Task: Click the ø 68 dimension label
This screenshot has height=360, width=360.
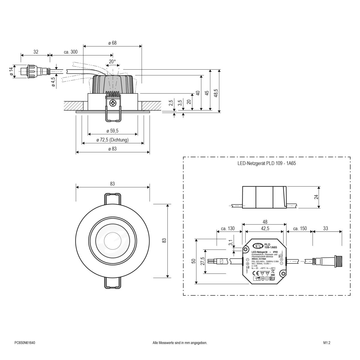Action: [112, 43]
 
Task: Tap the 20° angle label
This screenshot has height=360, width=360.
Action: [112, 61]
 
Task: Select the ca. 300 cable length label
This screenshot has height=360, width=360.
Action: [71, 52]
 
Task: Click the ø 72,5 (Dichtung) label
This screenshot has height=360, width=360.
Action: [112, 140]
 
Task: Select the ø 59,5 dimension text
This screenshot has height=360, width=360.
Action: [112, 131]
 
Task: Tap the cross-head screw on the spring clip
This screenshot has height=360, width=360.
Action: [113, 104]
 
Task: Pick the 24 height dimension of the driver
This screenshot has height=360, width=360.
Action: [316, 197]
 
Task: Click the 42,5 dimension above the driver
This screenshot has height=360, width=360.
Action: [264, 228]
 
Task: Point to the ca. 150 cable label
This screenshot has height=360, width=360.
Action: [300, 228]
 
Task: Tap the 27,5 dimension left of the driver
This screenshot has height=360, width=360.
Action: [202, 261]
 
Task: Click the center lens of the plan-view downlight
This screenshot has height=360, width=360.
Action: [112, 241]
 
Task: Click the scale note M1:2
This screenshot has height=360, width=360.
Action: [327, 343]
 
